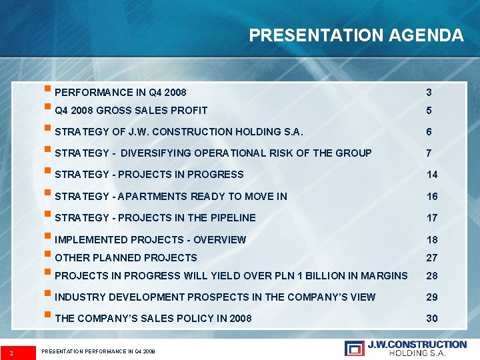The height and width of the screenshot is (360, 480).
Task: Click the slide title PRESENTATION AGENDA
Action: [x=356, y=35]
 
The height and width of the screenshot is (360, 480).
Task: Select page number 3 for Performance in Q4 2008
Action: [x=429, y=92]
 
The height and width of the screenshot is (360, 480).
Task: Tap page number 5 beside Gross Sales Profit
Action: [x=429, y=111]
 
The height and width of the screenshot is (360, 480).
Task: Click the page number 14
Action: [x=432, y=175]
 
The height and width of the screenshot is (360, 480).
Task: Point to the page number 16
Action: [x=432, y=196]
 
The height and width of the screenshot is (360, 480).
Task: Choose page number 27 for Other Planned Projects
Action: [x=432, y=257]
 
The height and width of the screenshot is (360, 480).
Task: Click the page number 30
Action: [x=432, y=319]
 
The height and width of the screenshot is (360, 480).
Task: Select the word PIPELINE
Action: [x=232, y=217]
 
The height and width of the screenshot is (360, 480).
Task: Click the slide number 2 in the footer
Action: [x=11, y=350]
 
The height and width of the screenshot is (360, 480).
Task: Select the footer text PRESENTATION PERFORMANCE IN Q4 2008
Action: [x=98, y=351]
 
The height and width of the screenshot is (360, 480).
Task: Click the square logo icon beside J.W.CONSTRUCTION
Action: [x=354, y=347]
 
